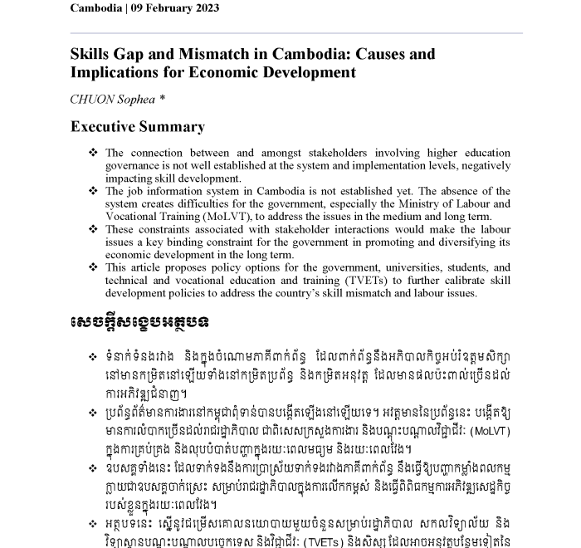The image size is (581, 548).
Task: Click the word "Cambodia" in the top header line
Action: (100, 8)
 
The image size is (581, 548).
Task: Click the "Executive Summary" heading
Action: (137, 127)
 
